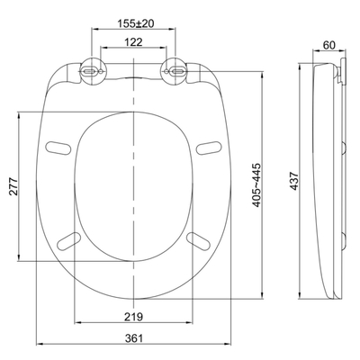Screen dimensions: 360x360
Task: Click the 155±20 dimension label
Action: click(x=136, y=23)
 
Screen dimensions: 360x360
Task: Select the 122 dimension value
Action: click(x=133, y=42)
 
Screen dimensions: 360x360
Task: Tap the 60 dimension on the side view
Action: click(x=328, y=45)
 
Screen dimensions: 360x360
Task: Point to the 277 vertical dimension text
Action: click(x=13, y=186)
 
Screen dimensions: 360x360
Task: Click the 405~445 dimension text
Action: click(x=256, y=185)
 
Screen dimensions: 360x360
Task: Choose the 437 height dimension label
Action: click(x=294, y=181)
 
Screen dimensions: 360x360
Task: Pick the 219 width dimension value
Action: click(x=133, y=316)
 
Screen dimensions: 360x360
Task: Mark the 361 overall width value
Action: click(x=134, y=338)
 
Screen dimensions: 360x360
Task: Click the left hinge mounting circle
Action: click(x=92, y=71)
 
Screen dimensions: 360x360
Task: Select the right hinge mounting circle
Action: click(x=175, y=71)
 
